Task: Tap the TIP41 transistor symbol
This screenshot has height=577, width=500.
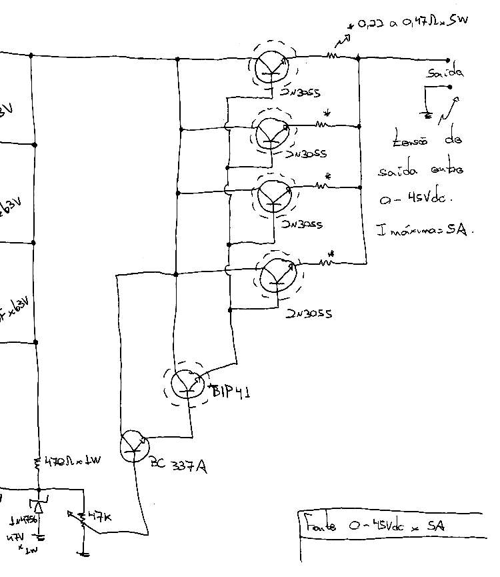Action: click(x=187, y=384)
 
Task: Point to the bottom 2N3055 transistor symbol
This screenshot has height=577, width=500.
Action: click(x=277, y=274)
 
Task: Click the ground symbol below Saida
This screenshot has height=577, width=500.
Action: click(x=427, y=115)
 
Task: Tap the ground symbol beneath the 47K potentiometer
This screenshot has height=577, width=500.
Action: click(x=84, y=552)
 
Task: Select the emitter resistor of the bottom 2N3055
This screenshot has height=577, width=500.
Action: click(x=326, y=261)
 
